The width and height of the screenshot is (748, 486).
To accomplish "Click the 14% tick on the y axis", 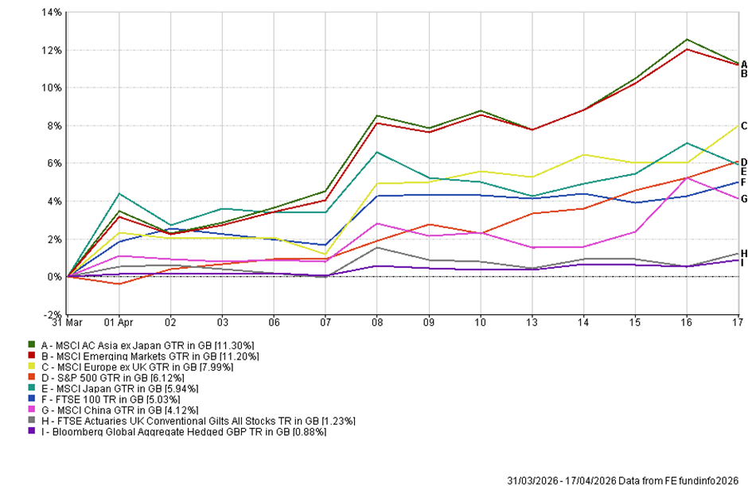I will point(50,13).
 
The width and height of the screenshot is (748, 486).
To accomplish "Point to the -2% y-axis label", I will point(51,314).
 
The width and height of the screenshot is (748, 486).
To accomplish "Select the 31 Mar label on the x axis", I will point(67,322).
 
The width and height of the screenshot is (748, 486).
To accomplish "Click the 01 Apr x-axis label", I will point(119,322).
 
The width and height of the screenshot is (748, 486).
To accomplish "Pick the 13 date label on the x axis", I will point(532,322).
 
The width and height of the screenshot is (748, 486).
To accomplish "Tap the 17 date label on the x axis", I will point(737,322).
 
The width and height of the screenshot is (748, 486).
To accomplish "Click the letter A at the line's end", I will point(743,64).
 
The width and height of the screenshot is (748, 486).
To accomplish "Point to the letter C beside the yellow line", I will point(743,126).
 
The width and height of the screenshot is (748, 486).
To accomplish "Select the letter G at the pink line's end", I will point(743,199).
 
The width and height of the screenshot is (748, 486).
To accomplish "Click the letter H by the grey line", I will point(743,253).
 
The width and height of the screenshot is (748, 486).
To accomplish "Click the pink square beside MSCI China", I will point(32,410).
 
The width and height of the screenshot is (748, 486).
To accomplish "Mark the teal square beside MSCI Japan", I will point(32,389).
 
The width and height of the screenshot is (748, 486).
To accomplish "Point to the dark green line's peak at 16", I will point(686,39).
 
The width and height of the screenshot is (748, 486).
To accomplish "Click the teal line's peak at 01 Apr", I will point(119,193).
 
